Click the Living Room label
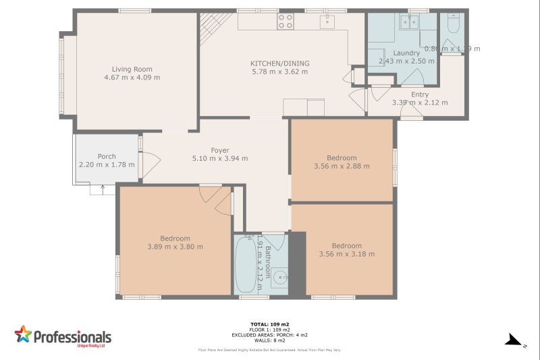pyautogui.click(x=132, y=69)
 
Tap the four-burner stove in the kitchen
pyautogui.click(x=286, y=21)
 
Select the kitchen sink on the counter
pyautogui.click(x=327, y=22)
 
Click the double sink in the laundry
pyautogui.click(x=409, y=22)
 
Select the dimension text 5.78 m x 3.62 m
pyautogui.click(x=279, y=72)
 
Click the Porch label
pyautogui.click(x=107, y=156)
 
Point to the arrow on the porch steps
pyautogui.click(x=103, y=189)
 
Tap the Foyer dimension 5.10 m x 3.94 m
pyautogui.click(x=220, y=159)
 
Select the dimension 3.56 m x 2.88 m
pyautogui.click(x=342, y=166)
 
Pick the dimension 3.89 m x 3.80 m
pyautogui.click(x=175, y=247)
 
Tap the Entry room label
pyautogui.click(x=420, y=95)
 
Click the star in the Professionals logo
pyautogui.click(x=23, y=334)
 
